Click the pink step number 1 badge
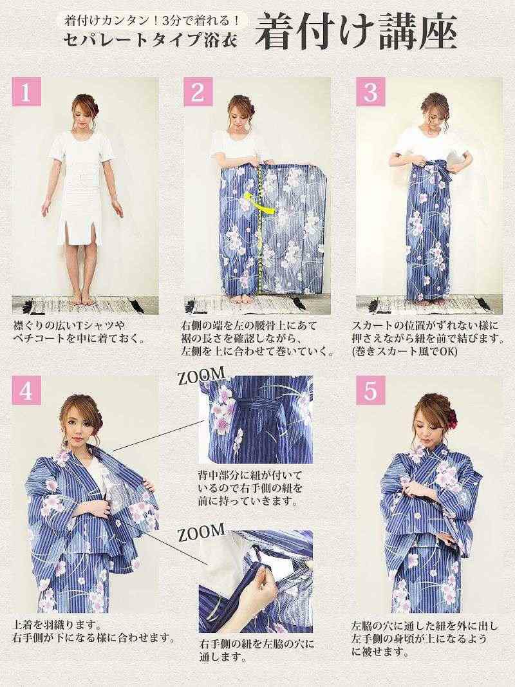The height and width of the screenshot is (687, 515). point(26,92)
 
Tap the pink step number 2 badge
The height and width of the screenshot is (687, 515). point(198,92)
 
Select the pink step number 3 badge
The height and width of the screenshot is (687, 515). point(371,92)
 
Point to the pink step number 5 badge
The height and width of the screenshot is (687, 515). point(371,390)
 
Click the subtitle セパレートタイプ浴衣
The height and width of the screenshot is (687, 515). point(150,41)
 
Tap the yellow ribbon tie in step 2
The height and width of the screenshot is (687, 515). point(258,202)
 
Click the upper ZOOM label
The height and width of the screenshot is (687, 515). point(201,375)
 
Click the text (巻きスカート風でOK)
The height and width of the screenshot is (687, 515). point(404,352)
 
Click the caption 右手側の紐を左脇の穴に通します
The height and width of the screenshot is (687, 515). point(257,651)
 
